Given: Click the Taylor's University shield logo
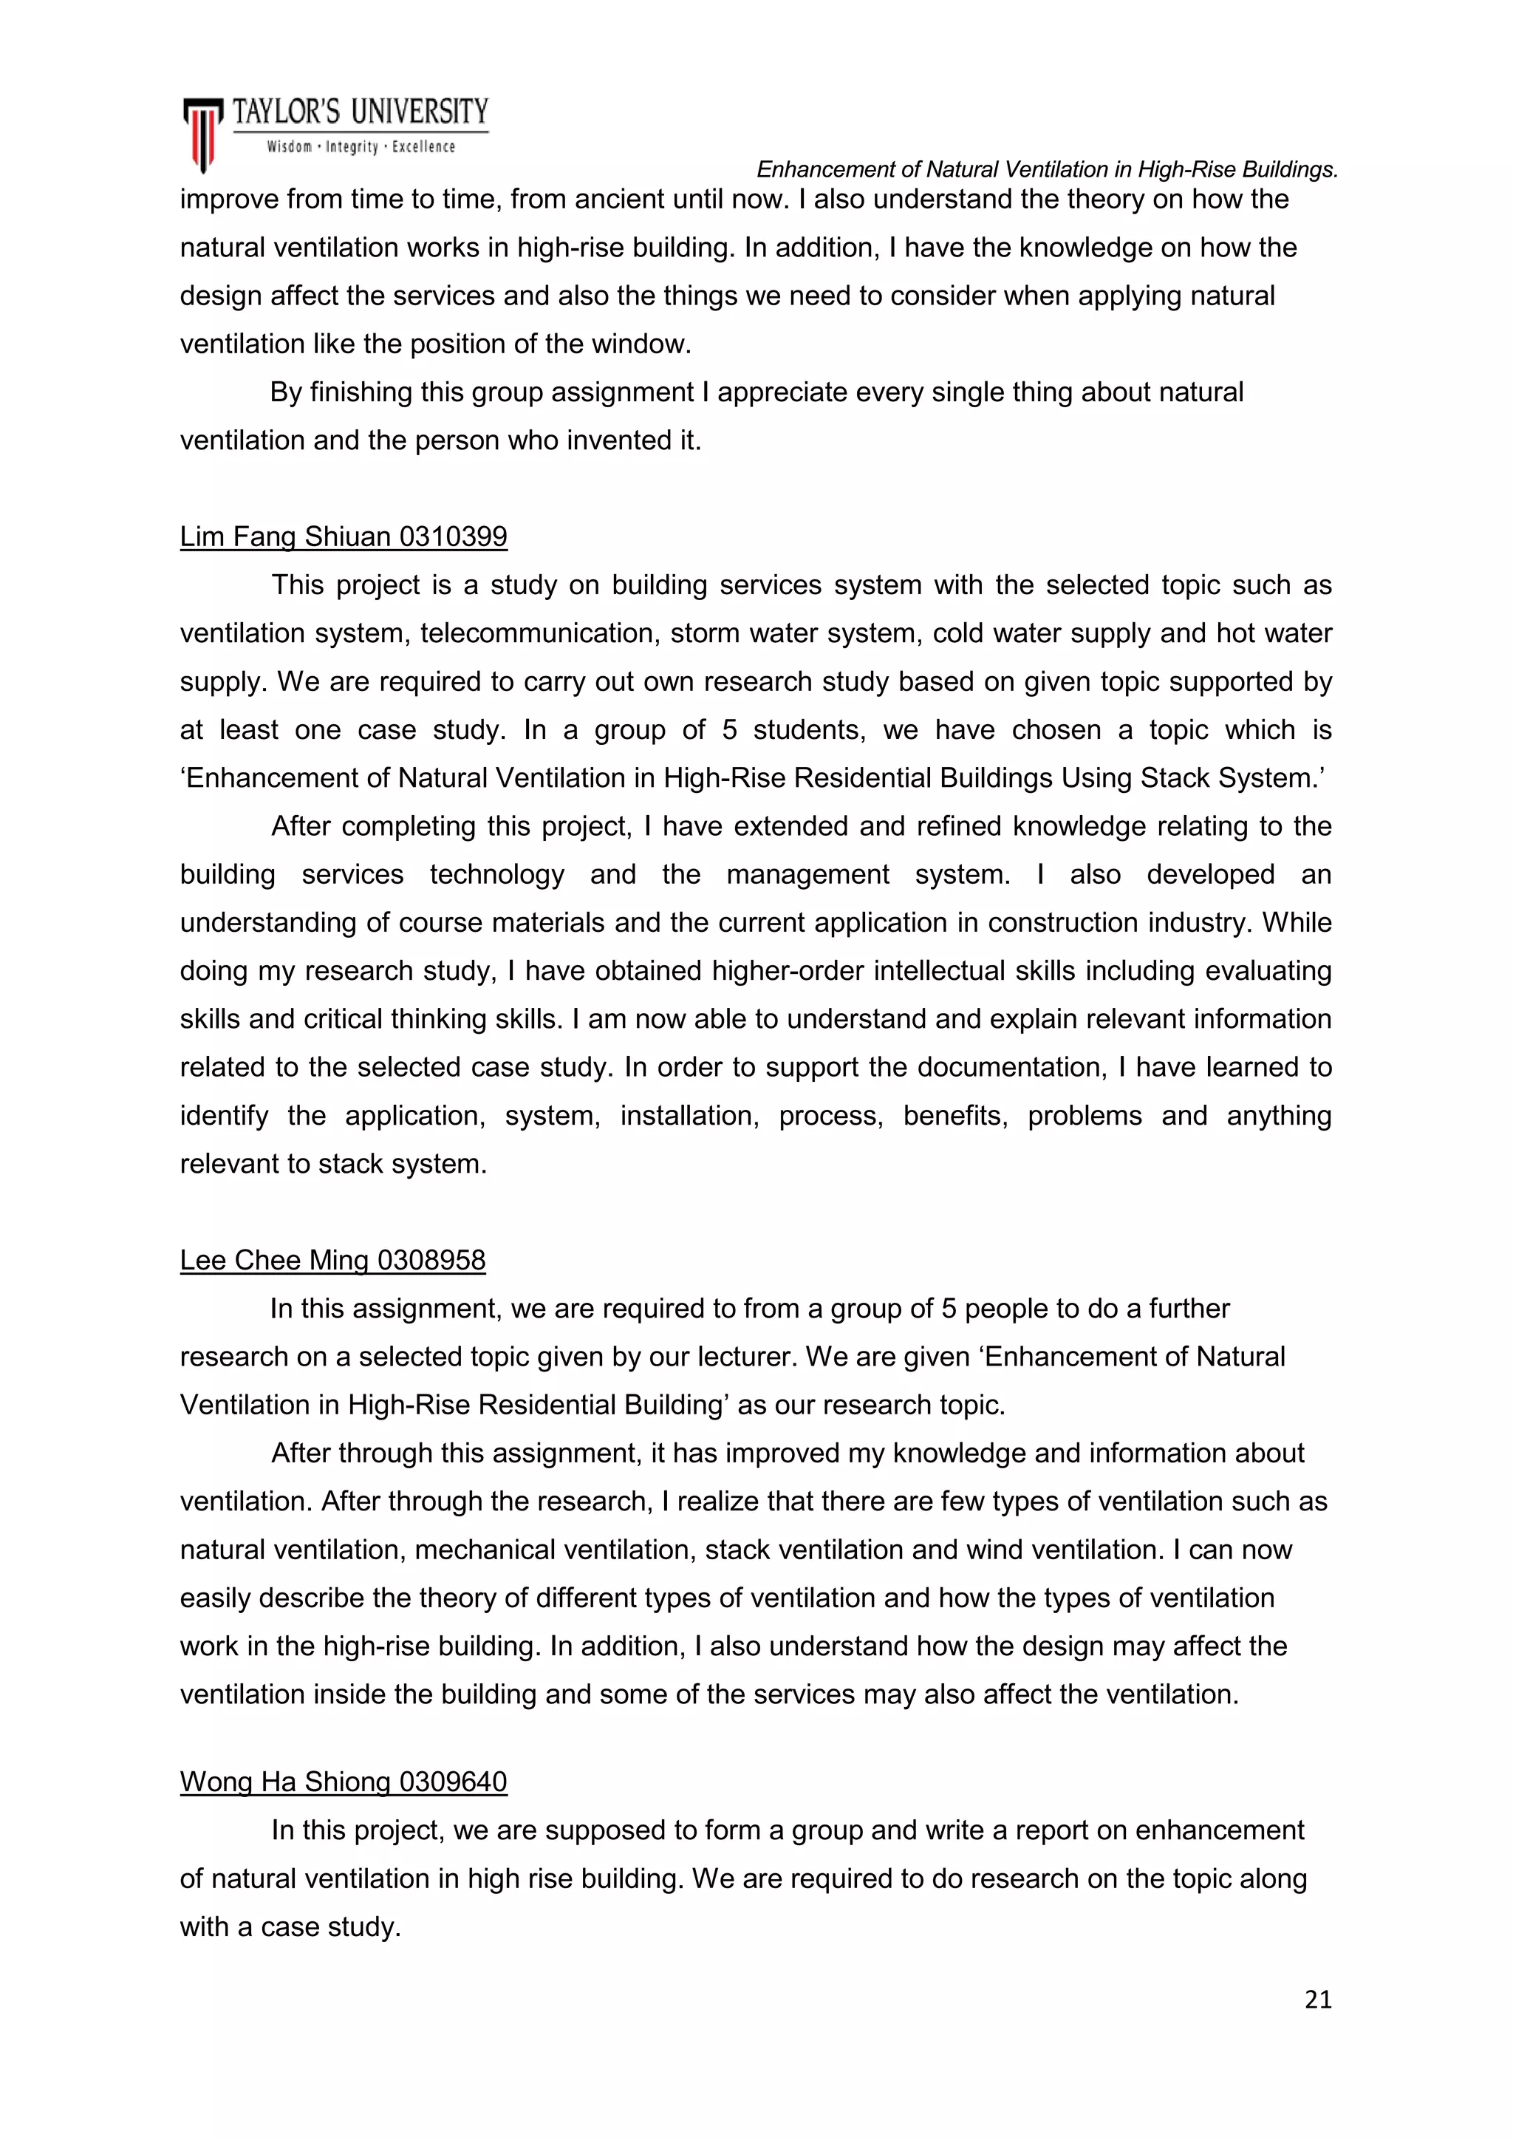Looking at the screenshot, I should click(202, 133).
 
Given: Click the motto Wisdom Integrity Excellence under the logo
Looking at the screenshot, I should click(361, 147).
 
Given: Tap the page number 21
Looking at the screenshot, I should click(1318, 2000).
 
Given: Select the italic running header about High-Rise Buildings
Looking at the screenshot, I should click(1047, 170).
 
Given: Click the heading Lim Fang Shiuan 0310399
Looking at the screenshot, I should click(343, 537).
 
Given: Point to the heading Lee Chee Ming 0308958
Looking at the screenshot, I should click(332, 1260).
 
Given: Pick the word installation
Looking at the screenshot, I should click(689, 1116).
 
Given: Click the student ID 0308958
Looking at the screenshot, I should click(431, 1260).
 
